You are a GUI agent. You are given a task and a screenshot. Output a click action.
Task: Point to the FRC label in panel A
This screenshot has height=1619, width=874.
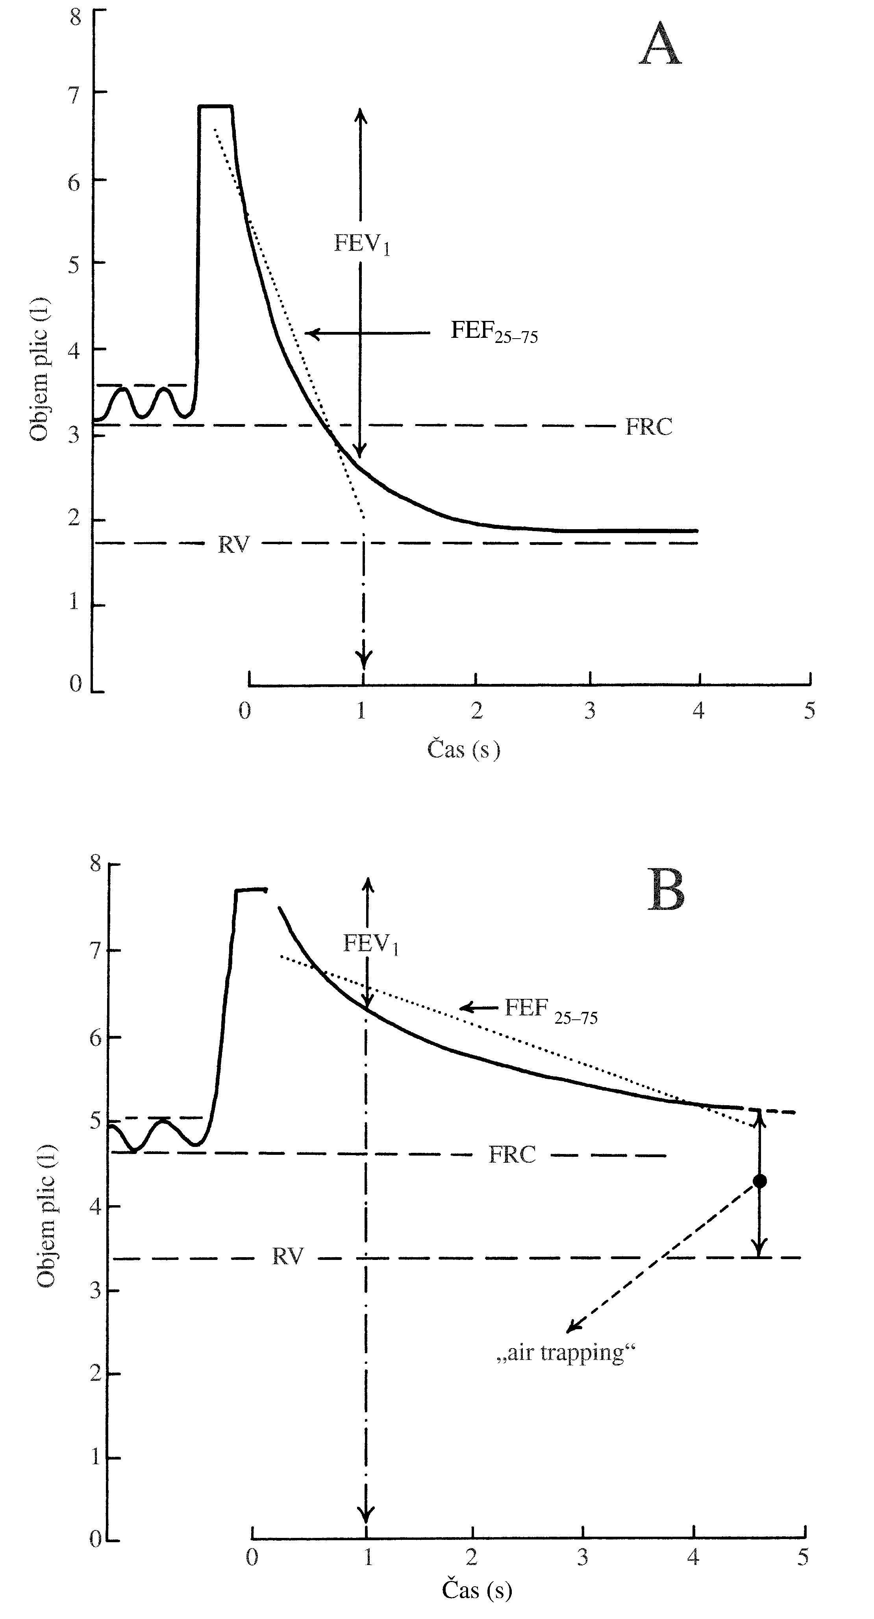pos(648,427)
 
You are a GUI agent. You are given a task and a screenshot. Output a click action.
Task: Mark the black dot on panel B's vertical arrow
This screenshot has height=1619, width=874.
pos(760,1181)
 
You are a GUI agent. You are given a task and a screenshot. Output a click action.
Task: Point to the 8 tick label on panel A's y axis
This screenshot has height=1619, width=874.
pos(76,17)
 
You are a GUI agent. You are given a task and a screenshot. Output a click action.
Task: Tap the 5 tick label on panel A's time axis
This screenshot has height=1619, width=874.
pos(810,711)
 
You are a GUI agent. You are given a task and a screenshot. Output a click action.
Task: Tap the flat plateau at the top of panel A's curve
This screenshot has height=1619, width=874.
pos(215,106)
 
